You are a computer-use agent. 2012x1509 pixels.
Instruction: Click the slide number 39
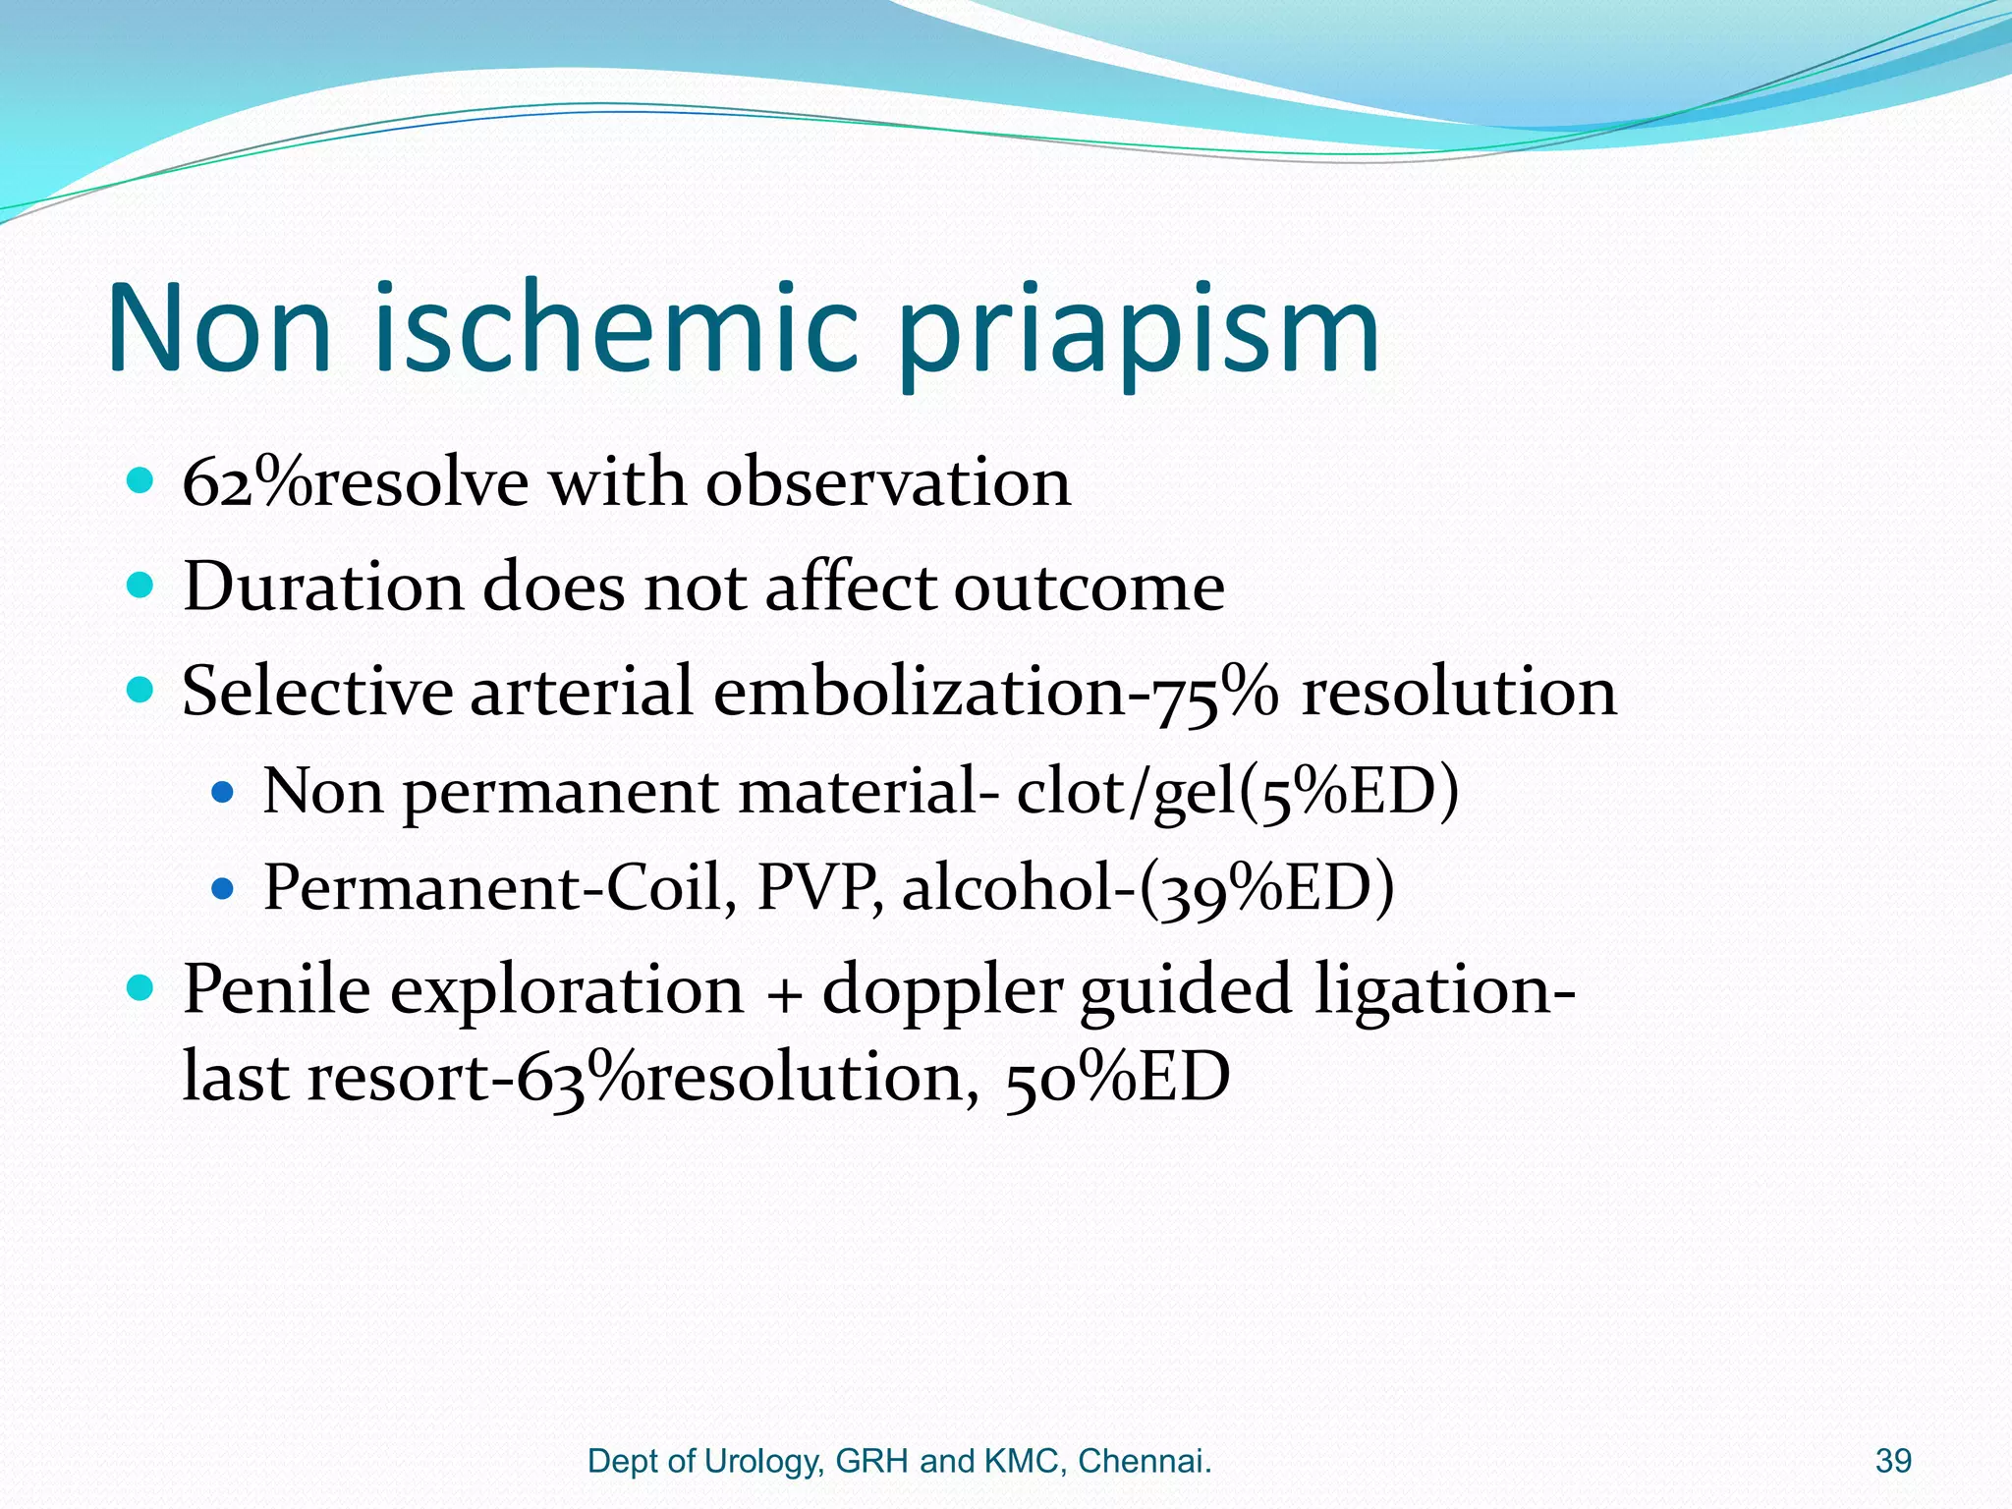(1893, 1461)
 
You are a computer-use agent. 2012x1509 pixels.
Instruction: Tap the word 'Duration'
(322, 587)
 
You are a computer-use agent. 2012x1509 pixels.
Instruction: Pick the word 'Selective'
(316, 691)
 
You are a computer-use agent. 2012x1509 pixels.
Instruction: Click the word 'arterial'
(582, 691)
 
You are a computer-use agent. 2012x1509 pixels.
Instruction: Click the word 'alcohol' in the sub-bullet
(1013, 887)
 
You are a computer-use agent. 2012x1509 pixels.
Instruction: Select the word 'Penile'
(277, 989)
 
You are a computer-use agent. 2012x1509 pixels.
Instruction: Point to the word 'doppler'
(942, 991)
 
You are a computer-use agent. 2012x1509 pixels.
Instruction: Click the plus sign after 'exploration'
(782, 992)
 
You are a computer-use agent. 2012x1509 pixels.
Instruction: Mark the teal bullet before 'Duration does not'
(141, 587)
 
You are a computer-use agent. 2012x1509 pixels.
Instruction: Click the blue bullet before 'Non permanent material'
(224, 792)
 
